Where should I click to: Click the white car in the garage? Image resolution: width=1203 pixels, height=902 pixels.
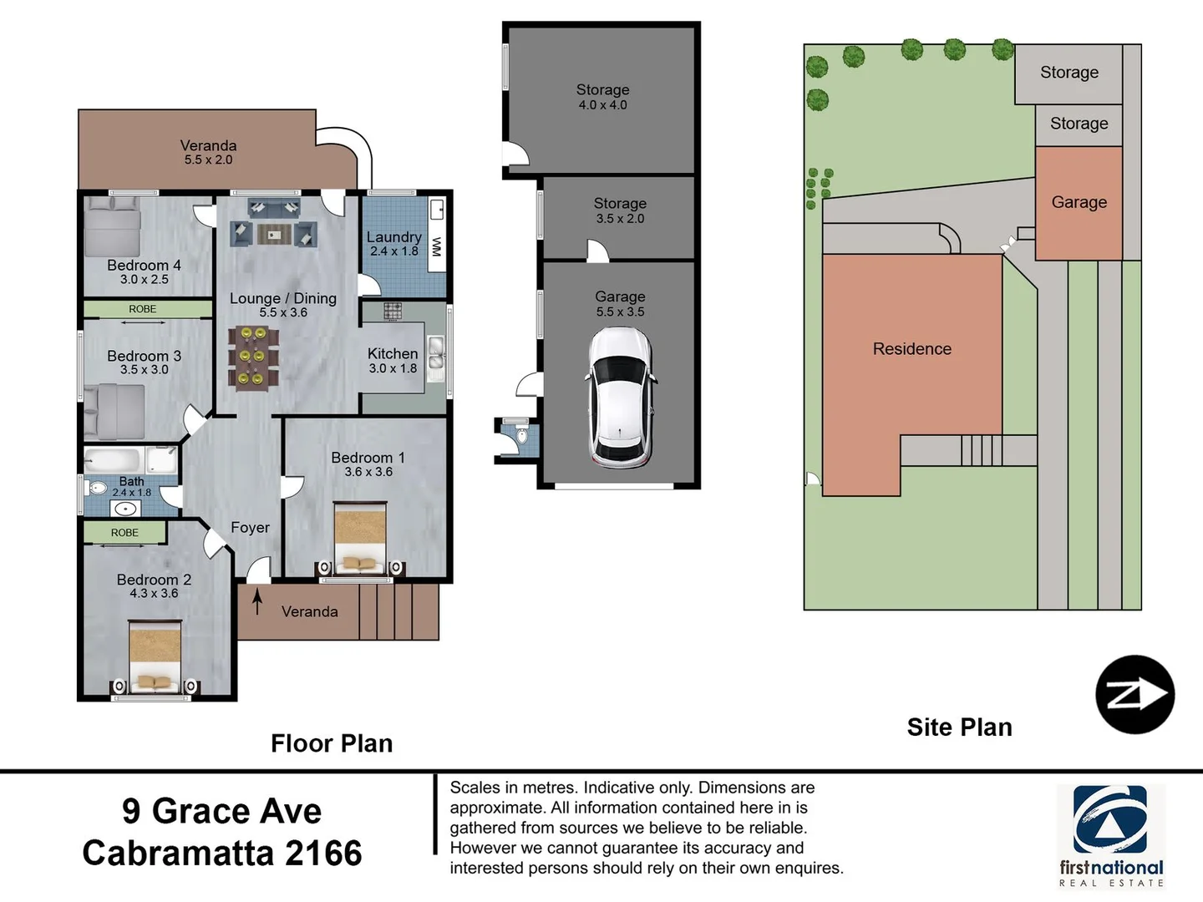pyautogui.click(x=620, y=397)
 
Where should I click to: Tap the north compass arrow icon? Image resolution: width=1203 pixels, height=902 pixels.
pyautogui.click(x=1134, y=694)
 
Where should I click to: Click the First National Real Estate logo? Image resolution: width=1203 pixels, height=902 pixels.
pyautogui.click(x=1110, y=835)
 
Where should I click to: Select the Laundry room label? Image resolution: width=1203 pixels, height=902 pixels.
pyautogui.click(x=393, y=243)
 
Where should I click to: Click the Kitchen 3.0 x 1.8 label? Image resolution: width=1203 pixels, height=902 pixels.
pyautogui.click(x=393, y=360)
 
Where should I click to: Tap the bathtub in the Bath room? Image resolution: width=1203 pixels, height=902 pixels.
pyautogui.click(x=116, y=460)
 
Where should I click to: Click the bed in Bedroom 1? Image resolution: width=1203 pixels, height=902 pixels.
pyautogui.click(x=360, y=539)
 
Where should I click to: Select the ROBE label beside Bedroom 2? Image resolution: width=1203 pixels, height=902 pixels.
pyautogui.click(x=124, y=532)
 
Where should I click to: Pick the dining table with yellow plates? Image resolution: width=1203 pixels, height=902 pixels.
pyautogui.click(x=253, y=357)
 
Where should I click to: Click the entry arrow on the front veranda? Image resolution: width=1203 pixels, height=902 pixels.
pyautogui.click(x=257, y=601)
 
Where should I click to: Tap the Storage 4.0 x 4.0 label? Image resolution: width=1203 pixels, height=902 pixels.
pyautogui.click(x=602, y=96)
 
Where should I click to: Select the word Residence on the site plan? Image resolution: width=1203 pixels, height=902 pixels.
pyautogui.click(x=911, y=349)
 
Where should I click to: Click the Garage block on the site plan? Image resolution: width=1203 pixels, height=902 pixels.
pyautogui.click(x=1079, y=202)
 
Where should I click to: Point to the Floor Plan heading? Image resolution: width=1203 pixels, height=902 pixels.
pyautogui.click(x=332, y=743)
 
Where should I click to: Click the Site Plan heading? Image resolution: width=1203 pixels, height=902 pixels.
pyautogui.click(x=959, y=727)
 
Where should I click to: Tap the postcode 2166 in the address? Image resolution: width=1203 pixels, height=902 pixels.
pyautogui.click(x=323, y=854)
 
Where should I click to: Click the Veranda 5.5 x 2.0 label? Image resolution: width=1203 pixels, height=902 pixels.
pyautogui.click(x=208, y=152)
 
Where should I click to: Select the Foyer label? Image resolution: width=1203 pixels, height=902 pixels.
pyautogui.click(x=250, y=528)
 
